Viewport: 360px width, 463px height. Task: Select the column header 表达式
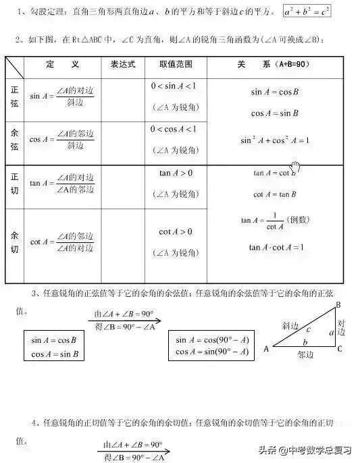pos(123,65)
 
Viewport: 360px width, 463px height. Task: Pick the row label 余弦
pos(15,140)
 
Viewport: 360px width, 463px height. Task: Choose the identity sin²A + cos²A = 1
pos(274,140)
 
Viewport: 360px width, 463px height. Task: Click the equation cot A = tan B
pos(275,195)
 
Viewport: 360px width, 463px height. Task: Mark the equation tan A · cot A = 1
pos(276,248)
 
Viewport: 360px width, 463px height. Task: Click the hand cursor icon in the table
pos(294,166)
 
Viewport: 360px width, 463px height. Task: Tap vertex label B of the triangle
pos(338,305)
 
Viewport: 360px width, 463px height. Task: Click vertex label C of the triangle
pos(339,349)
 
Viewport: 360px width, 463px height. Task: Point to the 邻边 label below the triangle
pos(305,354)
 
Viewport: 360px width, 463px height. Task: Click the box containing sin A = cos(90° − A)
pos(211,346)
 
